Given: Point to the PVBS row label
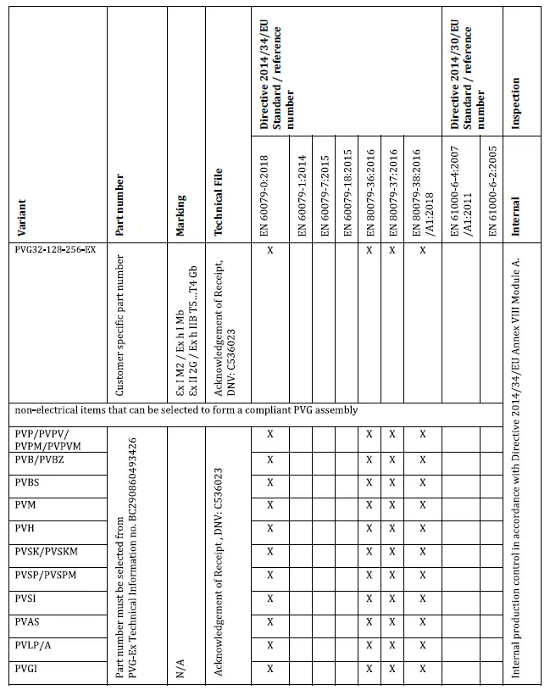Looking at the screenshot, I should pos(30,482).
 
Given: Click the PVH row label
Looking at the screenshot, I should pos(25,528).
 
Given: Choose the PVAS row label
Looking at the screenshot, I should pos(30,622).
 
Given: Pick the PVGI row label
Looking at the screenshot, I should pos(29,669).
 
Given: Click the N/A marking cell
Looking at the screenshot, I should pos(181,665).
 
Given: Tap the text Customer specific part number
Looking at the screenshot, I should pos(119,325).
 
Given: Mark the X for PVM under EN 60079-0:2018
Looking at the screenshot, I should pos(270,505).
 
